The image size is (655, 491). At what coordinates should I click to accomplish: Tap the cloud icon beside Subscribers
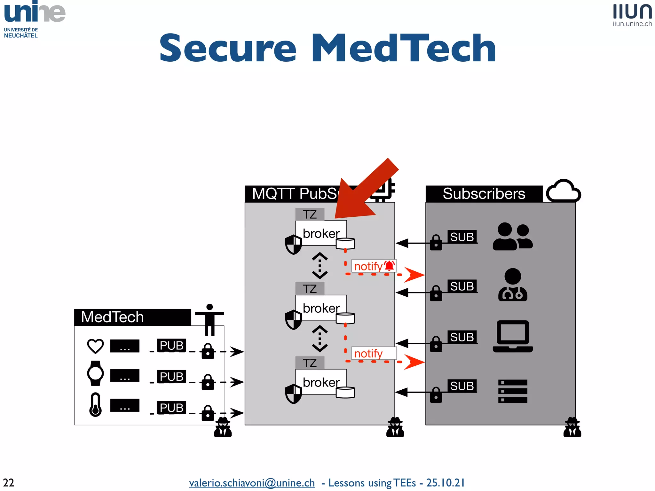coord(563,191)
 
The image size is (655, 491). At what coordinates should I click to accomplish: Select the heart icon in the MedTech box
coord(95,346)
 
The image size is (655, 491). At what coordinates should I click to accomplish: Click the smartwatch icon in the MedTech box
coord(95,373)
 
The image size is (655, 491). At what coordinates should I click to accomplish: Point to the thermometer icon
coord(95,405)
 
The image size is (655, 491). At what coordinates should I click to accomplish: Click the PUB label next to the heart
coord(171,346)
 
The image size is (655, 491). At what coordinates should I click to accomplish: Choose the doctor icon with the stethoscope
coord(513,285)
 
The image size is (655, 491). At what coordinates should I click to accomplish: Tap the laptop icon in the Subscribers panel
coord(513,336)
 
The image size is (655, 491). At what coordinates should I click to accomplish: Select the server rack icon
coord(513,391)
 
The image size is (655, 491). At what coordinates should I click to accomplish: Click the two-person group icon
coord(513,236)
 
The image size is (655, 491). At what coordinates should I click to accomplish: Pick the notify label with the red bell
coord(374,266)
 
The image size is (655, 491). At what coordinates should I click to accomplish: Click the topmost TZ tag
coord(310,214)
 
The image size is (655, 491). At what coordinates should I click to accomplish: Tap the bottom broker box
coord(321,382)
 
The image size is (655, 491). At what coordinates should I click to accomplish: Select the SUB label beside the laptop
coord(462,337)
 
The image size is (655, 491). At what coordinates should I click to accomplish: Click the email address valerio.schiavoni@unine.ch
coord(252,483)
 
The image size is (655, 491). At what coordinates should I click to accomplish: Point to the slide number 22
coord(9,482)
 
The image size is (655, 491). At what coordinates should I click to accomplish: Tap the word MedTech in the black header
coord(112,317)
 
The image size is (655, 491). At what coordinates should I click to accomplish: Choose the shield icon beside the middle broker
coord(293,319)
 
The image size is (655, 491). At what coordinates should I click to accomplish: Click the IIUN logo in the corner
coord(632,15)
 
